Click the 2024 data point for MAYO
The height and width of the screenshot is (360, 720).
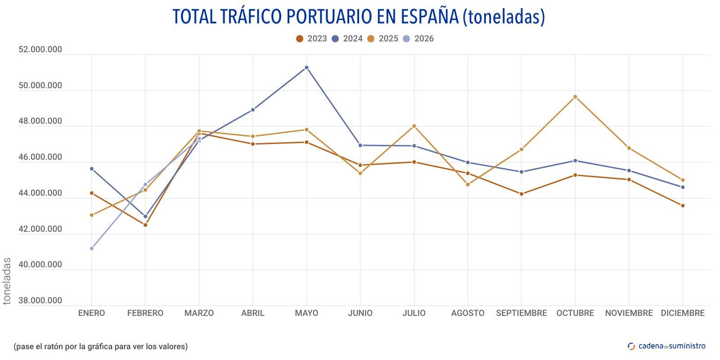tap(306, 67)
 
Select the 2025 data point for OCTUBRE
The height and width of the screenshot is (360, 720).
tap(575, 97)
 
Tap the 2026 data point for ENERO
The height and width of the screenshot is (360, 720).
tap(92, 248)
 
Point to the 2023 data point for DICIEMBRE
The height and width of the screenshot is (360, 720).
tap(683, 206)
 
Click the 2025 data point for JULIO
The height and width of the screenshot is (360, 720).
tap(414, 126)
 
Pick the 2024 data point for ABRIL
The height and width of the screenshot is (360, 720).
tap(253, 110)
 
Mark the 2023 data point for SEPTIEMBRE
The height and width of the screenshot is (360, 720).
tap(522, 194)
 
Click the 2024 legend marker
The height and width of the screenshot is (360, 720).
tap(335, 39)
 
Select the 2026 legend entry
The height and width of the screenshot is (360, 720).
tap(418, 39)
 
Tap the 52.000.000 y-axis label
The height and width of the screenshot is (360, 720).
tap(40, 49)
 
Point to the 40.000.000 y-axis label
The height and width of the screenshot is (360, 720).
tap(40, 265)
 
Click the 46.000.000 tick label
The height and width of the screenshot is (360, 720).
tap(40, 157)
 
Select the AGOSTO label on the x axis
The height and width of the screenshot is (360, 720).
tap(468, 313)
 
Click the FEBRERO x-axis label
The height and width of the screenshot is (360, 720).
tap(145, 313)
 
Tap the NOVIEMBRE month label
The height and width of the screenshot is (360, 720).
tap(629, 313)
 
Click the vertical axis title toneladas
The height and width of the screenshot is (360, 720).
tap(7, 281)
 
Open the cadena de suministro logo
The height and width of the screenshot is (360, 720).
tap(666, 346)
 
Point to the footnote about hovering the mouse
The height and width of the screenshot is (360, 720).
tap(100, 346)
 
